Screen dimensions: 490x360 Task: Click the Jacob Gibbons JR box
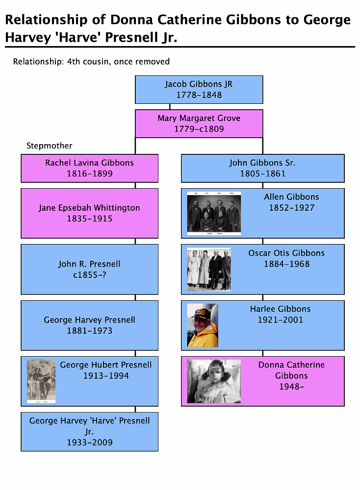(199, 89)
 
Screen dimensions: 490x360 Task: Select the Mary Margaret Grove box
(199, 123)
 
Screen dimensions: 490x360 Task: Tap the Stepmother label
(49, 146)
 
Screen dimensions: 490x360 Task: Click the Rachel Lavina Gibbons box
(89, 168)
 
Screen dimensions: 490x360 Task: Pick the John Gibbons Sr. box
(262, 168)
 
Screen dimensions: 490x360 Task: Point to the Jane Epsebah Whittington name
(89, 208)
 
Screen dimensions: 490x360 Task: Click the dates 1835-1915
(89, 219)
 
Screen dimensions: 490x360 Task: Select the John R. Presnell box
(89, 269)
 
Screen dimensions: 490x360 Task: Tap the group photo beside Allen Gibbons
(214, 213)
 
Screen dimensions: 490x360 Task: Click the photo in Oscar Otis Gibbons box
(209, 269)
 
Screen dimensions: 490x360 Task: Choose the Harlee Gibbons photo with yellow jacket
(203, 325)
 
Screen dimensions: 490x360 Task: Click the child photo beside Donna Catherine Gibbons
(214, 381)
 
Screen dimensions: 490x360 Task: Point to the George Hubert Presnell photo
(41, 381)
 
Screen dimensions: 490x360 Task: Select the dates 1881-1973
(89, 331)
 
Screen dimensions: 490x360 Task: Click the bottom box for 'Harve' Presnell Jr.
(89, 431)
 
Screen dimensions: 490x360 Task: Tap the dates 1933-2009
(89, 442)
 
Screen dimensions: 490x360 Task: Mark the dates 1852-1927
(291, 208)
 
